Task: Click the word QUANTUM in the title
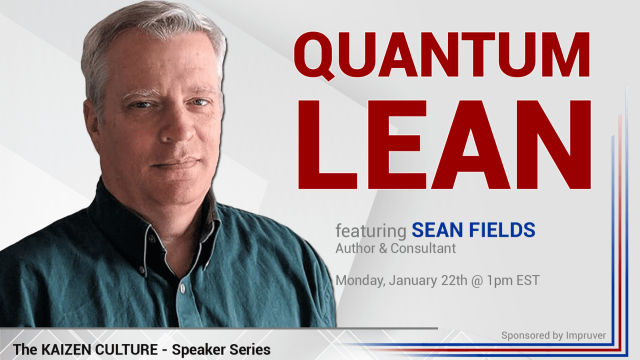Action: coord(441,55)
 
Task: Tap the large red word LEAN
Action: coord(444,144)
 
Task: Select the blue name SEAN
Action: coord(437,230)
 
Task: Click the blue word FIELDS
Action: coord(502,230)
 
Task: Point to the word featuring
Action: coord(371,231)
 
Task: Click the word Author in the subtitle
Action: coord(355,248)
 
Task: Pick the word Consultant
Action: coord(423,248)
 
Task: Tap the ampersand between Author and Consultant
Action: coord(383,248)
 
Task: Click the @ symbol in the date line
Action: coord(477,281)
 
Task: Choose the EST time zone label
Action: coord(528,280)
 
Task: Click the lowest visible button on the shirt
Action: coord(182,288)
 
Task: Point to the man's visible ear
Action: coord(92,120)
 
